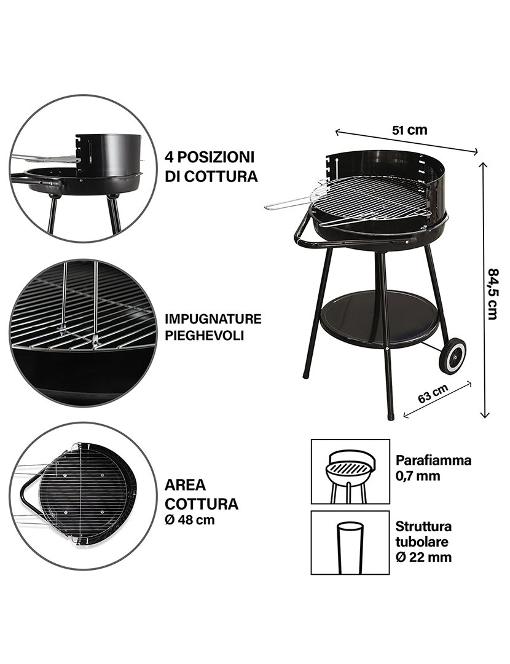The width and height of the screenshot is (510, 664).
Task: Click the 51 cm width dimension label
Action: (409, 130)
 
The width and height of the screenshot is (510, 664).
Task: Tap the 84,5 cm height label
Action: (493, 293)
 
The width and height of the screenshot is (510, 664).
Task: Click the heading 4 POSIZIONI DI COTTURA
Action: (210, 166)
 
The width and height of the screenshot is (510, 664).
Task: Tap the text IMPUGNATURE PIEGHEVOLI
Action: (213, 327)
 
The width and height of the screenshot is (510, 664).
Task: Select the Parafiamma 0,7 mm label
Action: (433, 467)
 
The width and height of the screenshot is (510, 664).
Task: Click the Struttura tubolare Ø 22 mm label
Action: (424, 542)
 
